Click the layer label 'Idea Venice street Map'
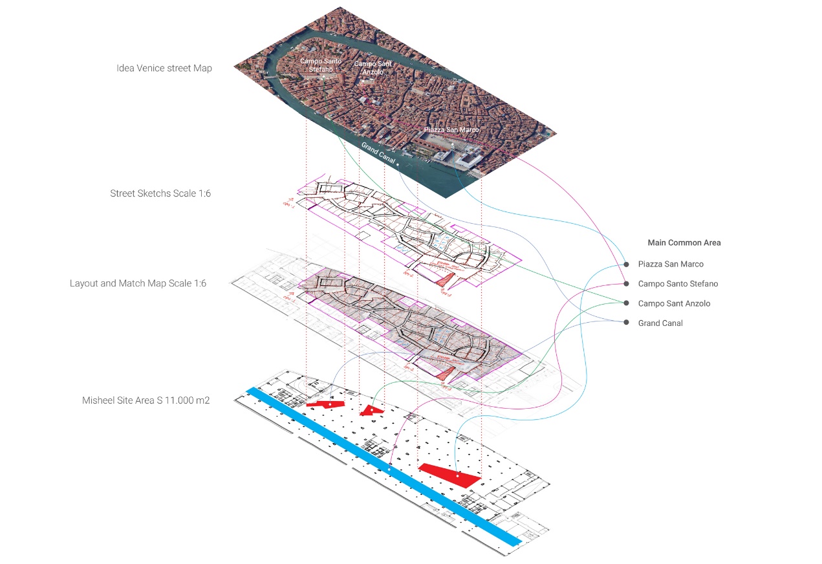point(164,68)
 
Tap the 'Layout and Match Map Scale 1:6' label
point(138,283)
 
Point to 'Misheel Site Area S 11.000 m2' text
point(146,400)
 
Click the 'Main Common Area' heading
point(684,243)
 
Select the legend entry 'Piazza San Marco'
point(671,264)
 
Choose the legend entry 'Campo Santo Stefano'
point(678,283)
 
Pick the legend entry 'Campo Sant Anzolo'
point(674,303)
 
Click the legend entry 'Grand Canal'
point(660,323)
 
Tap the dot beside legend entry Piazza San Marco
point(626,264)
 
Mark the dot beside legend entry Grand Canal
point(626,323)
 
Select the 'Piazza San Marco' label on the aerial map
point(451,130)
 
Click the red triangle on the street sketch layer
point(445,279)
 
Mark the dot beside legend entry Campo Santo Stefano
point(626,283)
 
